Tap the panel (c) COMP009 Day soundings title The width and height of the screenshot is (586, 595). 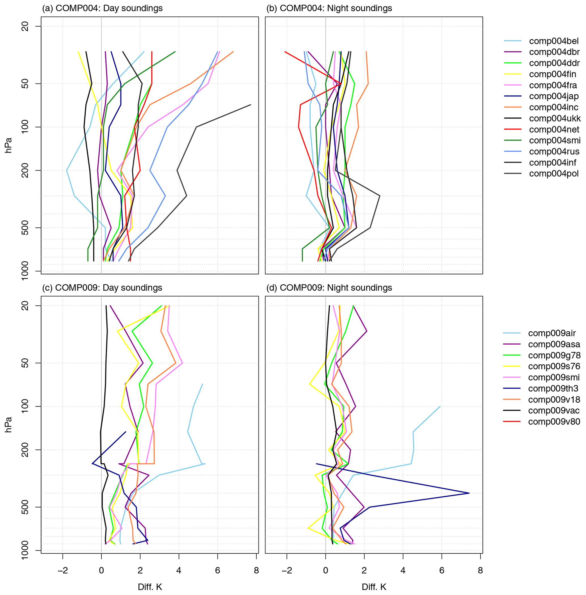coord(102,288)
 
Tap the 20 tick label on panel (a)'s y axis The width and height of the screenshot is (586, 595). coord(26,26)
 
